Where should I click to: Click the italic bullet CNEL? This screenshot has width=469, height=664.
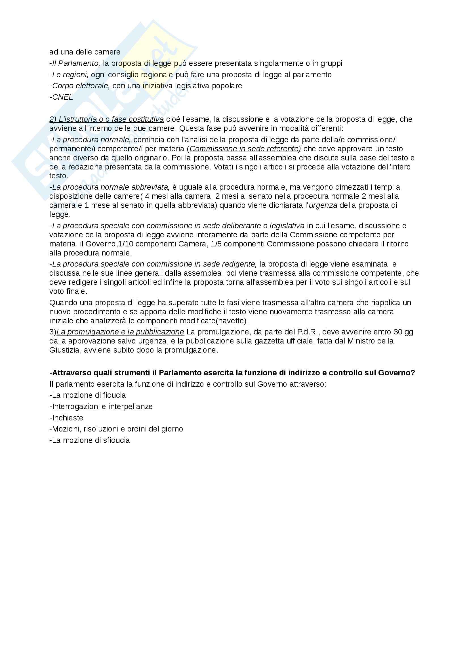[x=62, y=97]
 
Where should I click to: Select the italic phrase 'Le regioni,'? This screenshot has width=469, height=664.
[x=70, y=75]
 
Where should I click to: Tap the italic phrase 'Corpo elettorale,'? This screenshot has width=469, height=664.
[x=81, y=86]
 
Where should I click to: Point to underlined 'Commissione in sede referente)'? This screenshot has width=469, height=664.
[x=245, y=149]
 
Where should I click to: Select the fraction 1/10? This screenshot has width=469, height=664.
[x=126, y=244]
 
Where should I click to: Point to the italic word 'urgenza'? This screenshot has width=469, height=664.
[x=323, y=205]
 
